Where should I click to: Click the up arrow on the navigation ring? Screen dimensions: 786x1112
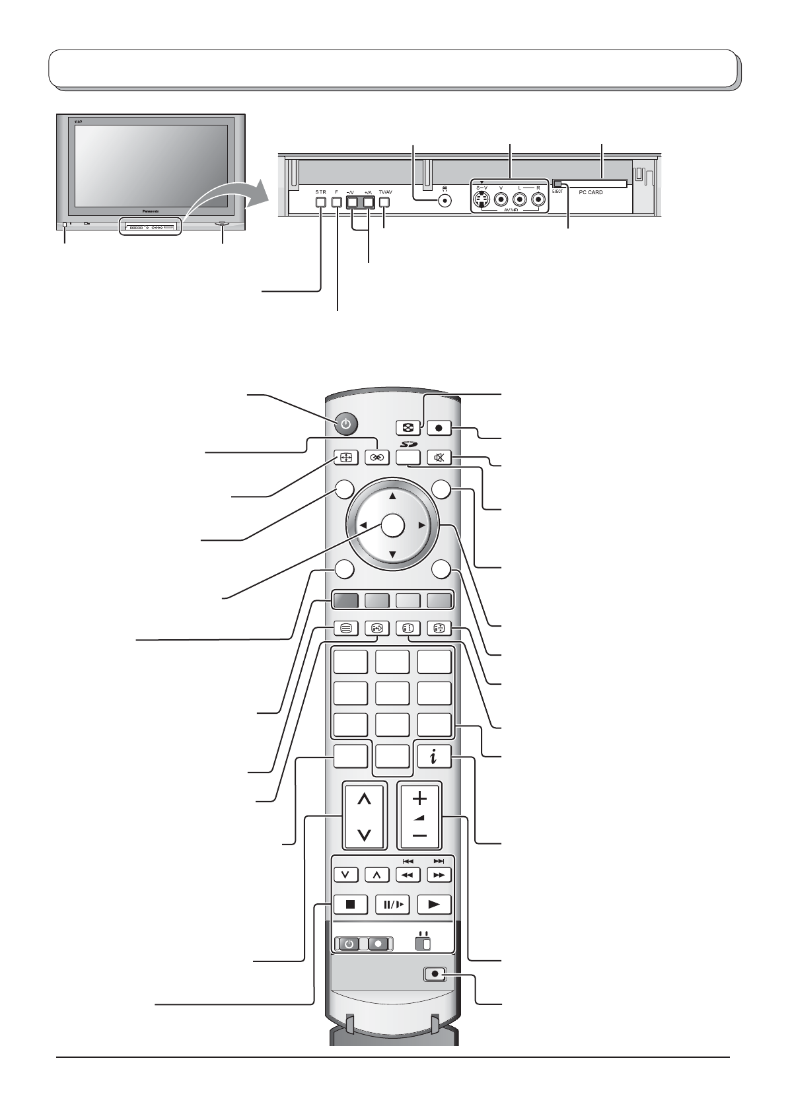392,496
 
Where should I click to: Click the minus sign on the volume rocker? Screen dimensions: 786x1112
419,837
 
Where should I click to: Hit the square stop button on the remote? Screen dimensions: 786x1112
351,904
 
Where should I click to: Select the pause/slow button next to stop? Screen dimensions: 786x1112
392,904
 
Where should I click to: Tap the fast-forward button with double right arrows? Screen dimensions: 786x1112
439,874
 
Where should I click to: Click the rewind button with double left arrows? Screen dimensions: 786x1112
408,874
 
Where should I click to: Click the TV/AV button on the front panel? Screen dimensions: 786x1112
385,203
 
